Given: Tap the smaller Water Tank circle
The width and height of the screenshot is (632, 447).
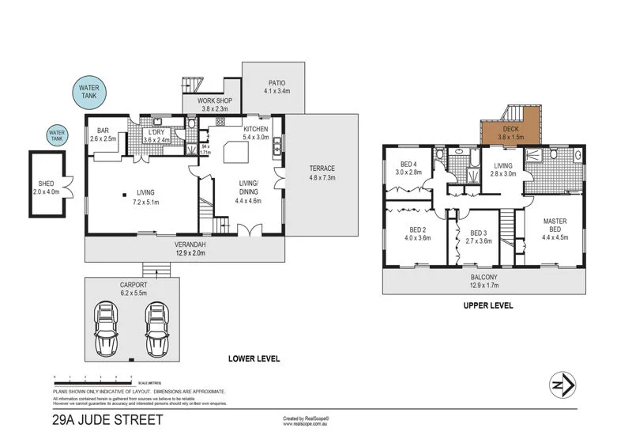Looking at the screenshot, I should click(57, 136).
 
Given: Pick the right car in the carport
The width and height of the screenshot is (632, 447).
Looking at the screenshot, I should click(157, 324).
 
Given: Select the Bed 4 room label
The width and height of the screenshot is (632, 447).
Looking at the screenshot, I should click(408, 164).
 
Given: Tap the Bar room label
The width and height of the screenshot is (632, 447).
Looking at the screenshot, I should click(103, 131).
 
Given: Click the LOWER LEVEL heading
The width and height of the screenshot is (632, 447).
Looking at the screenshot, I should click(254, 358).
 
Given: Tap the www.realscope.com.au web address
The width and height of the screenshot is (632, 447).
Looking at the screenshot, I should click(305, 424).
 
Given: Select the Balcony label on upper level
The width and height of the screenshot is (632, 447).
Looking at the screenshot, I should click(483, 278).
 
